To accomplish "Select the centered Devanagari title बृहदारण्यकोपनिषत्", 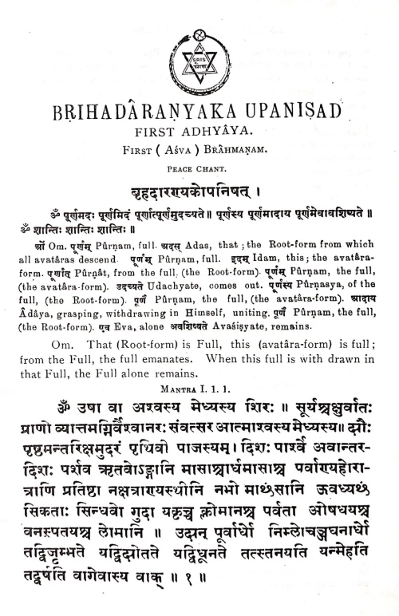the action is click(199, 188).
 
